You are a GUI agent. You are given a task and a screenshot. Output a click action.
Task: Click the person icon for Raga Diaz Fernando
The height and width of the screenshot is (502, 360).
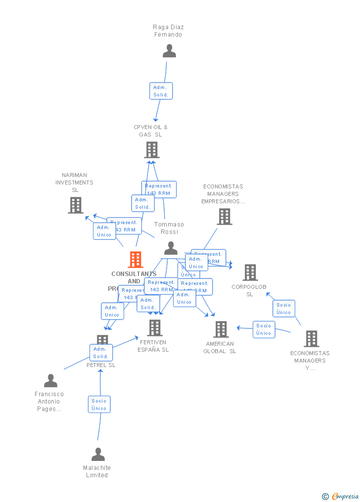pos(169,51)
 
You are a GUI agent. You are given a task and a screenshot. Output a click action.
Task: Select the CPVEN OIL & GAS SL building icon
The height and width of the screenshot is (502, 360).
pos(152,150)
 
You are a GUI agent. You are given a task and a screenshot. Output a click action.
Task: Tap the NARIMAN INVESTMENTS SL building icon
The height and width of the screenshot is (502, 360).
pos(76,205)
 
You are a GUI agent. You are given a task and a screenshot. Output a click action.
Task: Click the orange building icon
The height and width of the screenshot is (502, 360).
pos(135,259)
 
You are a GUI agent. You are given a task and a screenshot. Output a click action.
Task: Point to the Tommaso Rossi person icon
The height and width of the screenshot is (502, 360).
pos(171,248)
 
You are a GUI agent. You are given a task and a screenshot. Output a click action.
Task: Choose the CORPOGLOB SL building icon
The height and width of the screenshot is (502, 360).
pos(250,273)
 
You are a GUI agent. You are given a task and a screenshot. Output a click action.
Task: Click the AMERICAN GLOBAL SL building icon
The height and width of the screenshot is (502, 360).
pos(221,329)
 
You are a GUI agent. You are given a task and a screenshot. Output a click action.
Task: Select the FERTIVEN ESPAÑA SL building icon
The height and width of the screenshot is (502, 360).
pos(155,327)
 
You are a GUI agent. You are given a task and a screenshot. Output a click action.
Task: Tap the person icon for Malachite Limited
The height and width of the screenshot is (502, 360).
pos(98,454)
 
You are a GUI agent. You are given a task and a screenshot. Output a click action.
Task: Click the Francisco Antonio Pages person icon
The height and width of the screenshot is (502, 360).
pos(50,381)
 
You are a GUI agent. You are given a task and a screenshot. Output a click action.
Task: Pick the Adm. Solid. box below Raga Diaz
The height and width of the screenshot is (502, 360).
pos(161,91)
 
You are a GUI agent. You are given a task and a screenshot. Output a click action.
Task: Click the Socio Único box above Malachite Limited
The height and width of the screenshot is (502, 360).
pos(99,404)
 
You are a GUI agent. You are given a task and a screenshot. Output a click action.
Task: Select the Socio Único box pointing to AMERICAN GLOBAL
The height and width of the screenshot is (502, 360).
pos(264,329)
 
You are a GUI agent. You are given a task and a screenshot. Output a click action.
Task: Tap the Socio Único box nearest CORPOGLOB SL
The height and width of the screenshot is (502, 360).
pos(283,309)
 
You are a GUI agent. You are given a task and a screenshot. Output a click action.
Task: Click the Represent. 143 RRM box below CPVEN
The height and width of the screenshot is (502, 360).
pos(158,189)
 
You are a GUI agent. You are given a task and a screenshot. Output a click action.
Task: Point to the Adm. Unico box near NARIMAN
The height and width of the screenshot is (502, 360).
pos(104,231)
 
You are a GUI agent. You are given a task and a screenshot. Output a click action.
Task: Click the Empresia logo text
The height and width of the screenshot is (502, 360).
pos(344,496)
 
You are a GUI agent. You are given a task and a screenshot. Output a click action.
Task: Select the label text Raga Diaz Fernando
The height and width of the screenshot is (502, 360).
pos(168,31)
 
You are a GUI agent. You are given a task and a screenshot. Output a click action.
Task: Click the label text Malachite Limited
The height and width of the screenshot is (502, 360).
pos(97,471)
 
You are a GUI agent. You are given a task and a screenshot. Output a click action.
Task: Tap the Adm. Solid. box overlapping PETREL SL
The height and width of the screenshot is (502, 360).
pos(101,353)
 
